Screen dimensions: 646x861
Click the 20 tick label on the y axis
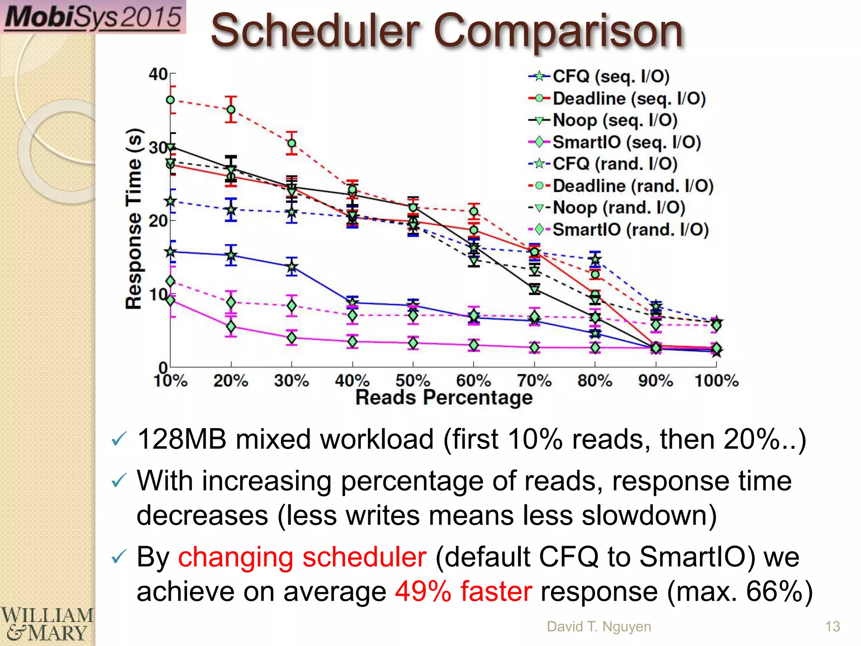(158, 221)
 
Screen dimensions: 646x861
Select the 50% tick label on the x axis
(412, 381)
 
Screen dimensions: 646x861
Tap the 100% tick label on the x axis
(716, 381)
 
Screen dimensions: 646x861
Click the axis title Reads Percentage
(444, 397)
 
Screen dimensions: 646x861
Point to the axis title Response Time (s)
(134, 219)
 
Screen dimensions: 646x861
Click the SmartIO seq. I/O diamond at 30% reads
(291, 338)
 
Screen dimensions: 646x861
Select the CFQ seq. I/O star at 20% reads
(231, 255)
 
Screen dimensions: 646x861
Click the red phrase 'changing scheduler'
(302, 557)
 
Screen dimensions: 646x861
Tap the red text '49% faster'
(463, 591)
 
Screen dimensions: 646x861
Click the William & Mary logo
(46, 625)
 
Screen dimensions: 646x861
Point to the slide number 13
(832, 627)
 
